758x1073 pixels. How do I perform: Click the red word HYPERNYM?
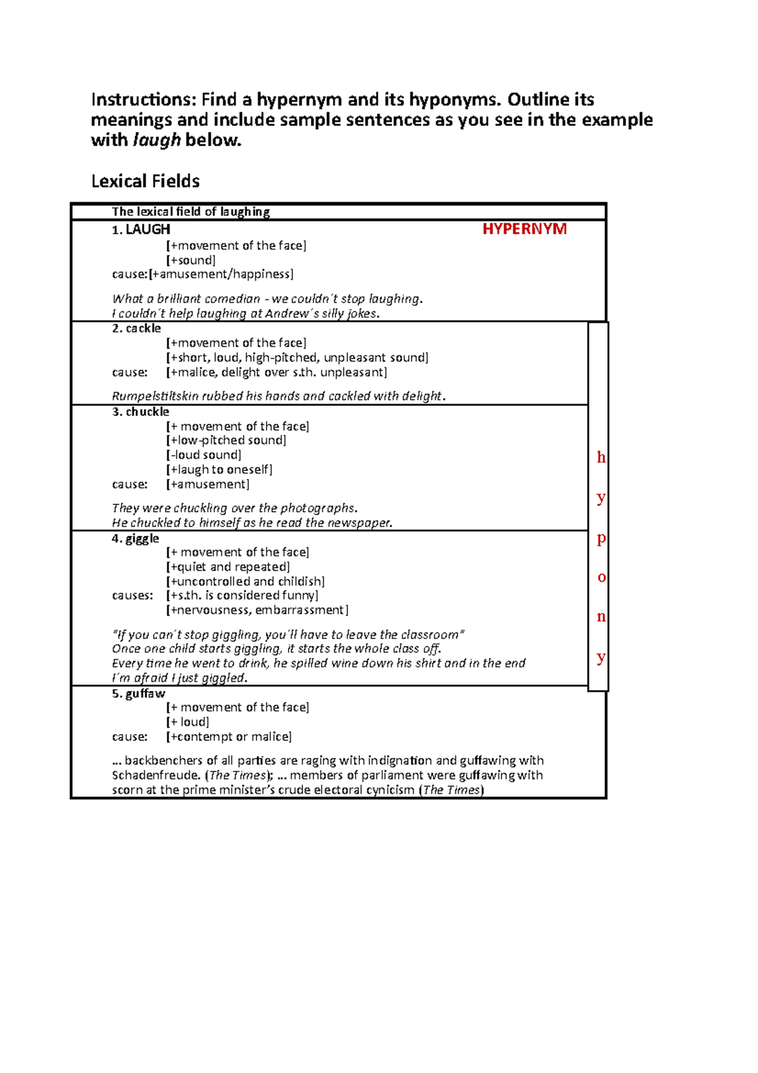click(x=524, y=229)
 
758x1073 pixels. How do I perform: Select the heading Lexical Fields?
click(x=145, y=181)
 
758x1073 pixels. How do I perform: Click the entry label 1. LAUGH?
click(x=141, y=229)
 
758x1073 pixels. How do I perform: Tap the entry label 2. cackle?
click(x=136, y=329)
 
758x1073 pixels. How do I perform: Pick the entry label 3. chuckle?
click(x=140, y=412)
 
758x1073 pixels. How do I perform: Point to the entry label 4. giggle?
click(x=135, y=538)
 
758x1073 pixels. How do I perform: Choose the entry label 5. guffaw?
click(x=138, y=693)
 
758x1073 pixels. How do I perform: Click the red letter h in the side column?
click(x=601, y=458)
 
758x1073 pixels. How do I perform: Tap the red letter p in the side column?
click(x=601, y=538)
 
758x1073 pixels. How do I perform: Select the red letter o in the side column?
click(x=601, y=578)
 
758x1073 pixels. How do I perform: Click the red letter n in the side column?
click(x=601, y=617)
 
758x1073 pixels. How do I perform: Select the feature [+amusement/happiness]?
click(x=221, y=274)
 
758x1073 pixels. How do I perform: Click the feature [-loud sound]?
click(x=203, y=455)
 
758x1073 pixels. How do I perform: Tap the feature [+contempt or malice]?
click(x=229, y=737)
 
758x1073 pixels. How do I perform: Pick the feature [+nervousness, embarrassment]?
click(x=256, y=610)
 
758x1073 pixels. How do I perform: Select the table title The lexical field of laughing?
click(x=191, y=212)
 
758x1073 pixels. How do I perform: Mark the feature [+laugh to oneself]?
click(x=219, y=470)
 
